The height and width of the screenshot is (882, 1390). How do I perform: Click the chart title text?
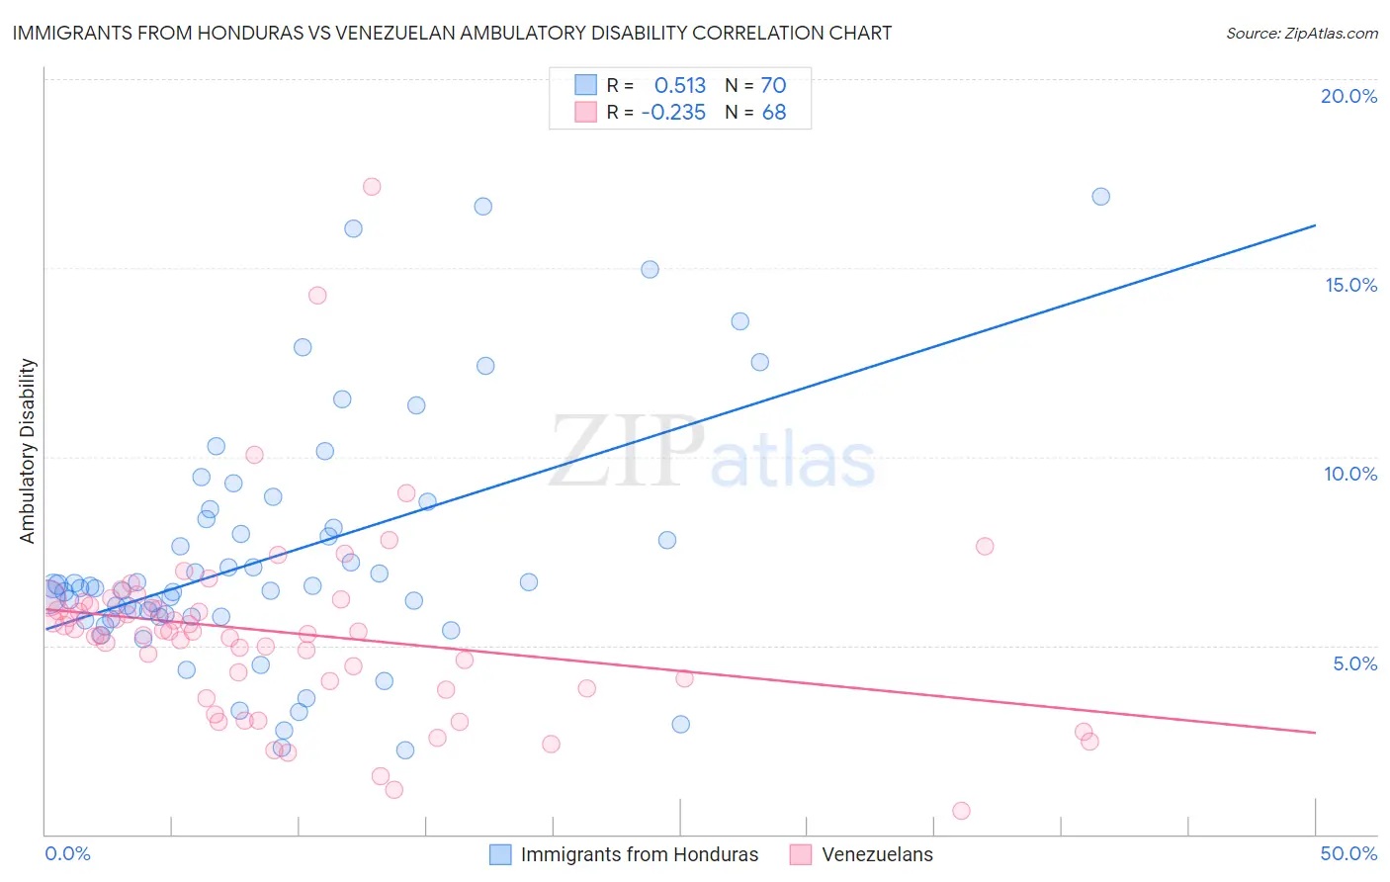tap(452, 33)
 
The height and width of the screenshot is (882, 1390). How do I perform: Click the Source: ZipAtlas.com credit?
tap(1301, 33)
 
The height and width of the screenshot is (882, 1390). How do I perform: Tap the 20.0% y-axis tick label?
tap(1348, 96)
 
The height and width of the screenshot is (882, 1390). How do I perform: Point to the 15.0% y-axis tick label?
tap(1350, 285)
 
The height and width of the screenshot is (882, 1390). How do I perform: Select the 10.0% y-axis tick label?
tap(1350, 474)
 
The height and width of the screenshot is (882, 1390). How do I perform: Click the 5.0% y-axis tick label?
tap(1354, 663)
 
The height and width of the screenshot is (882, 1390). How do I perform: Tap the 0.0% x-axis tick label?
tap(67, 853)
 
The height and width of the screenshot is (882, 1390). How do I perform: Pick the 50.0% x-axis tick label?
tap(1348, 853)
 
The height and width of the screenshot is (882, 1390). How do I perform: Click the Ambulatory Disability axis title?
tap(28, 451)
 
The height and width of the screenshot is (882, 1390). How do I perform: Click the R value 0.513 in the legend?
tap(680, 85)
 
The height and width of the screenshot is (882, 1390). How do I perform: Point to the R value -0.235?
tap(673, 113)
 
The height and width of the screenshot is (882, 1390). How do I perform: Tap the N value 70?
tap(773, 85)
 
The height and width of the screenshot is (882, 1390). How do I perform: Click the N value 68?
tap(773, 113)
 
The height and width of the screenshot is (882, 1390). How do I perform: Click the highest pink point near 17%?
tap(372, 186)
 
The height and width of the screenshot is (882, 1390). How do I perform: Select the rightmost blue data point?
tap(1100, 196)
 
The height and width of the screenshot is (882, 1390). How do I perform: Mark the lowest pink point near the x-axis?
tap(961, 811)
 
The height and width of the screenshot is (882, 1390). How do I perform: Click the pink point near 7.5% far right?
tap(984, 546)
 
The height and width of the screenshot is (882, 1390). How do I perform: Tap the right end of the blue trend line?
tap(1315, 225)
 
